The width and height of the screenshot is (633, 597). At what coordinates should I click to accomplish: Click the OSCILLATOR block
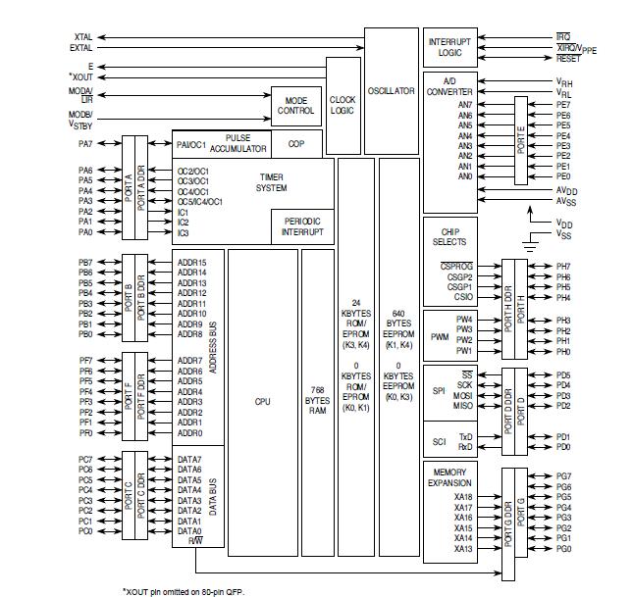click(391, 90)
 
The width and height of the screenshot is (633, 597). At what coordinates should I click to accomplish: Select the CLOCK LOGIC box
click(343, 105)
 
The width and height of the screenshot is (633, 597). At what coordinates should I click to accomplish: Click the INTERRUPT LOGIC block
click(449, 47)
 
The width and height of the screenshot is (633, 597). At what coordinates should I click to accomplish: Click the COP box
click(295, 143)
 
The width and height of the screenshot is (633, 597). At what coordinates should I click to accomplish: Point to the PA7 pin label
click(85, 144)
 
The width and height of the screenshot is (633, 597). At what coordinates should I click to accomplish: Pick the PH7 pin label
click(563, 267)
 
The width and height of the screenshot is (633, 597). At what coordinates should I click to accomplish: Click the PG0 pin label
click(563, 549)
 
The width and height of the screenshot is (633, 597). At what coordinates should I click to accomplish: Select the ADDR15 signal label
click(192, 263)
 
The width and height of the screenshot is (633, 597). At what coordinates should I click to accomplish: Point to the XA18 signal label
click(463, 497)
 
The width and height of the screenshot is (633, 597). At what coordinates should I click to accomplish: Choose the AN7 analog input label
click(465, 105)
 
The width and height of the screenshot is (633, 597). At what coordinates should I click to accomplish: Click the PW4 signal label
click(464, 320)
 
